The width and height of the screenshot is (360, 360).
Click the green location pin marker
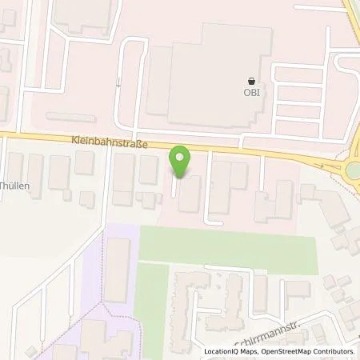point(180,161)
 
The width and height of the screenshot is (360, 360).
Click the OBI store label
point(253,92)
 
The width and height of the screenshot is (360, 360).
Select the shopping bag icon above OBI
point(253,80)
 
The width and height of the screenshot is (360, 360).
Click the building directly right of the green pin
point(190,194)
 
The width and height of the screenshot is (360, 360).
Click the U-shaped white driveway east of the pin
point(214,192)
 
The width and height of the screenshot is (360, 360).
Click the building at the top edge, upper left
point(80,16)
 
